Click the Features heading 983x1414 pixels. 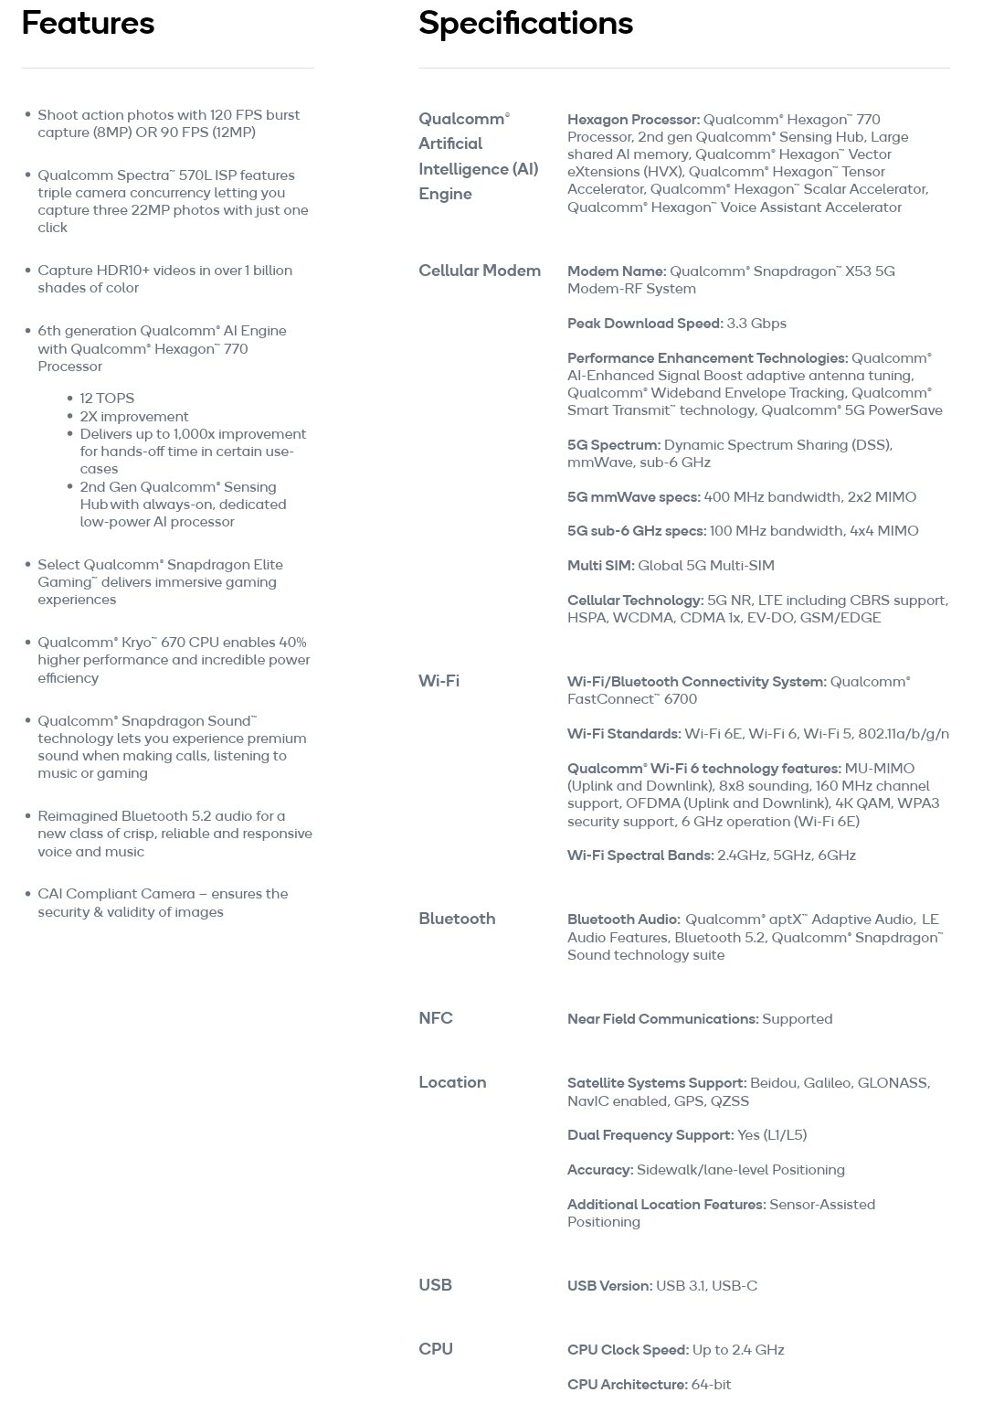[88, 24]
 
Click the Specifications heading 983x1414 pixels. [525, 24]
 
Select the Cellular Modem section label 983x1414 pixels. [480, 271]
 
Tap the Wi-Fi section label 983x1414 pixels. [439, 681]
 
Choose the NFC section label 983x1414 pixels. [436, 1018]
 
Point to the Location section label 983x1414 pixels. [452, 1082]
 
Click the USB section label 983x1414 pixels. [435, 1285]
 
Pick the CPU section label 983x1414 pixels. [435, 1349]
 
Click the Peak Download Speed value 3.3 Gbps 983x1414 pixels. [756, 324]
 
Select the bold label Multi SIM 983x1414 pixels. [600, 566]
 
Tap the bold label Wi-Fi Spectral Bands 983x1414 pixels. [639, 856]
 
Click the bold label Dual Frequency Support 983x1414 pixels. [650, 1135]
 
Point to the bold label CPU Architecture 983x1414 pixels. [627, 1385]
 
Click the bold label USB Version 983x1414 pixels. [609, 1286]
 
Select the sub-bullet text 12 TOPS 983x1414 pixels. [107, 399]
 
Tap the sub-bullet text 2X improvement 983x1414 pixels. [134, 417]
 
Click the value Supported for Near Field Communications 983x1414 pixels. [797, 1019]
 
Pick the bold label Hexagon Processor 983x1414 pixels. [633, 120]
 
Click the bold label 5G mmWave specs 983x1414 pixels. [633, 497]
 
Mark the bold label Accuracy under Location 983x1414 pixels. [599, 1170]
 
